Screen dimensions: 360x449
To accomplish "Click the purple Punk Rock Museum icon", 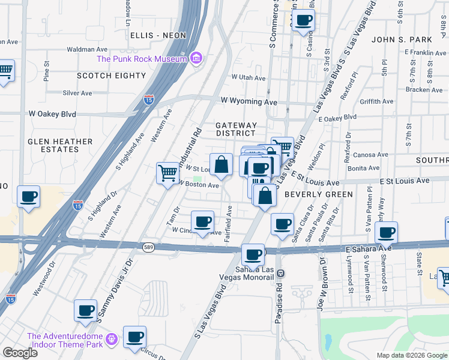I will click(x=196, y=58).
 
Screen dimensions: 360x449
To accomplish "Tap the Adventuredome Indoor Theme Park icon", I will click(x=110, y=340).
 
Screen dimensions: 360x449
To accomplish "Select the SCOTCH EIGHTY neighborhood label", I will click(x=111, y=76).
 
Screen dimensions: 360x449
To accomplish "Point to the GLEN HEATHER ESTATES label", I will click(x=60, y=145).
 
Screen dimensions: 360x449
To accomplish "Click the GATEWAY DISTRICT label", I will click(x=236, y=129).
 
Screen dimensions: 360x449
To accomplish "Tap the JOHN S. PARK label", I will click(x=402, y=40).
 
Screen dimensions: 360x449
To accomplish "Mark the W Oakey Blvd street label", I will click(x=52, y=113).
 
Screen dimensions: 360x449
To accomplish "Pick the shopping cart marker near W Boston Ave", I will click(x=167, y=173).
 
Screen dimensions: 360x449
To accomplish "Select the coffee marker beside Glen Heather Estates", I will click(x=29, y=196).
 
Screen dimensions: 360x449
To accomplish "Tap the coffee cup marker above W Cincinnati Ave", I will click(x=203, y=222).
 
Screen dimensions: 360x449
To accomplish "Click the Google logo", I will click(x=20, y=353).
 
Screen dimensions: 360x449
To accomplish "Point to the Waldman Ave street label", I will click(x=87, y=49).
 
